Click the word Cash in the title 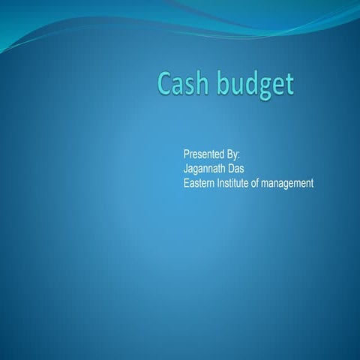(182, 84)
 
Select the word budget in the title (255, 85)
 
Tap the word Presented (205, 154)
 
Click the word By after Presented (233, 154)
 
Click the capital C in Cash (165, 84)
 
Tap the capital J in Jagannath (186, 168)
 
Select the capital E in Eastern (187, 182)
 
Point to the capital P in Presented (187, 154)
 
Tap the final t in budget (288, 85)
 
